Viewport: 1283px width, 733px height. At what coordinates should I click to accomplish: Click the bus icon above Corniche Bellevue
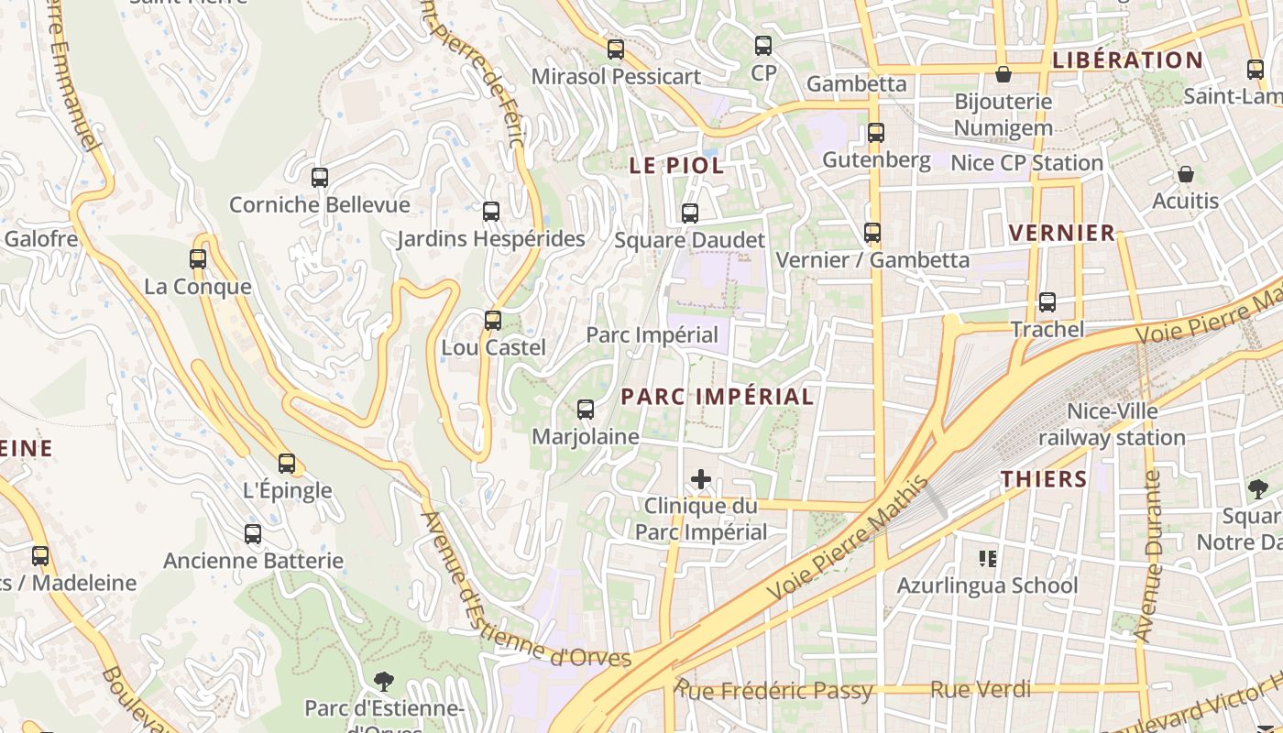pos(319,178)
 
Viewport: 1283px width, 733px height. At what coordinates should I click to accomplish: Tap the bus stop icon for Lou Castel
pos(493,321)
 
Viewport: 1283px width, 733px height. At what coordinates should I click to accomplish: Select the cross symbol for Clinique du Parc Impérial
pos(701,479)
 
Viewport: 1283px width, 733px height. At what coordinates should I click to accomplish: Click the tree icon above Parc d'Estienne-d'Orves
pos(384,681)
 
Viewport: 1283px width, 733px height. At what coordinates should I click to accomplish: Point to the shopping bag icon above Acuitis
pos(1186,174)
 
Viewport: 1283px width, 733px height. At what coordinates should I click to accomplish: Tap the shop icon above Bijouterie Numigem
pos(1003,74)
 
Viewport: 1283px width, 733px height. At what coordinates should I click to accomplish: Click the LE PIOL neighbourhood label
pos(676,166)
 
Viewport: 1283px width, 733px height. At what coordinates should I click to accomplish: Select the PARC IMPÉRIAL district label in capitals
pos(718,397)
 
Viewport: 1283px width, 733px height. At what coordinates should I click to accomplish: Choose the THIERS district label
pos(1044,478)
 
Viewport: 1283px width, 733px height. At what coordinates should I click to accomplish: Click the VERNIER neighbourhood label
pos(1062,233)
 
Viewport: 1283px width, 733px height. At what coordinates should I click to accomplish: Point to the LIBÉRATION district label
pos(1127,60)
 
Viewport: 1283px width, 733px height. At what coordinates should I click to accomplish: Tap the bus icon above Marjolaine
pos(586,410)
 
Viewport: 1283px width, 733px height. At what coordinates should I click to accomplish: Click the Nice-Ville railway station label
pos(1112,425)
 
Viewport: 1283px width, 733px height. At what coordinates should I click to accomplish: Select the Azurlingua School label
pos(987,585)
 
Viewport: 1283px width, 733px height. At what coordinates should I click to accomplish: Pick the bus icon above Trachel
pos(1047,302)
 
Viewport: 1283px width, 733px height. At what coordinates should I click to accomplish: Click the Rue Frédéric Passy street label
pos(774,690)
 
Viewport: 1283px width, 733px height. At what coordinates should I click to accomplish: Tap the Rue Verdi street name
pos(981,690)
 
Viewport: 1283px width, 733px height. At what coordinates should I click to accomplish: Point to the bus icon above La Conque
pos(198,259)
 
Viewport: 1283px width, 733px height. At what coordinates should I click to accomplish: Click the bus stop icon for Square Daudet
pos(690,213)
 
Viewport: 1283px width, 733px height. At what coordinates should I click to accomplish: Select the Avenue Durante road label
pos(1148,556)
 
